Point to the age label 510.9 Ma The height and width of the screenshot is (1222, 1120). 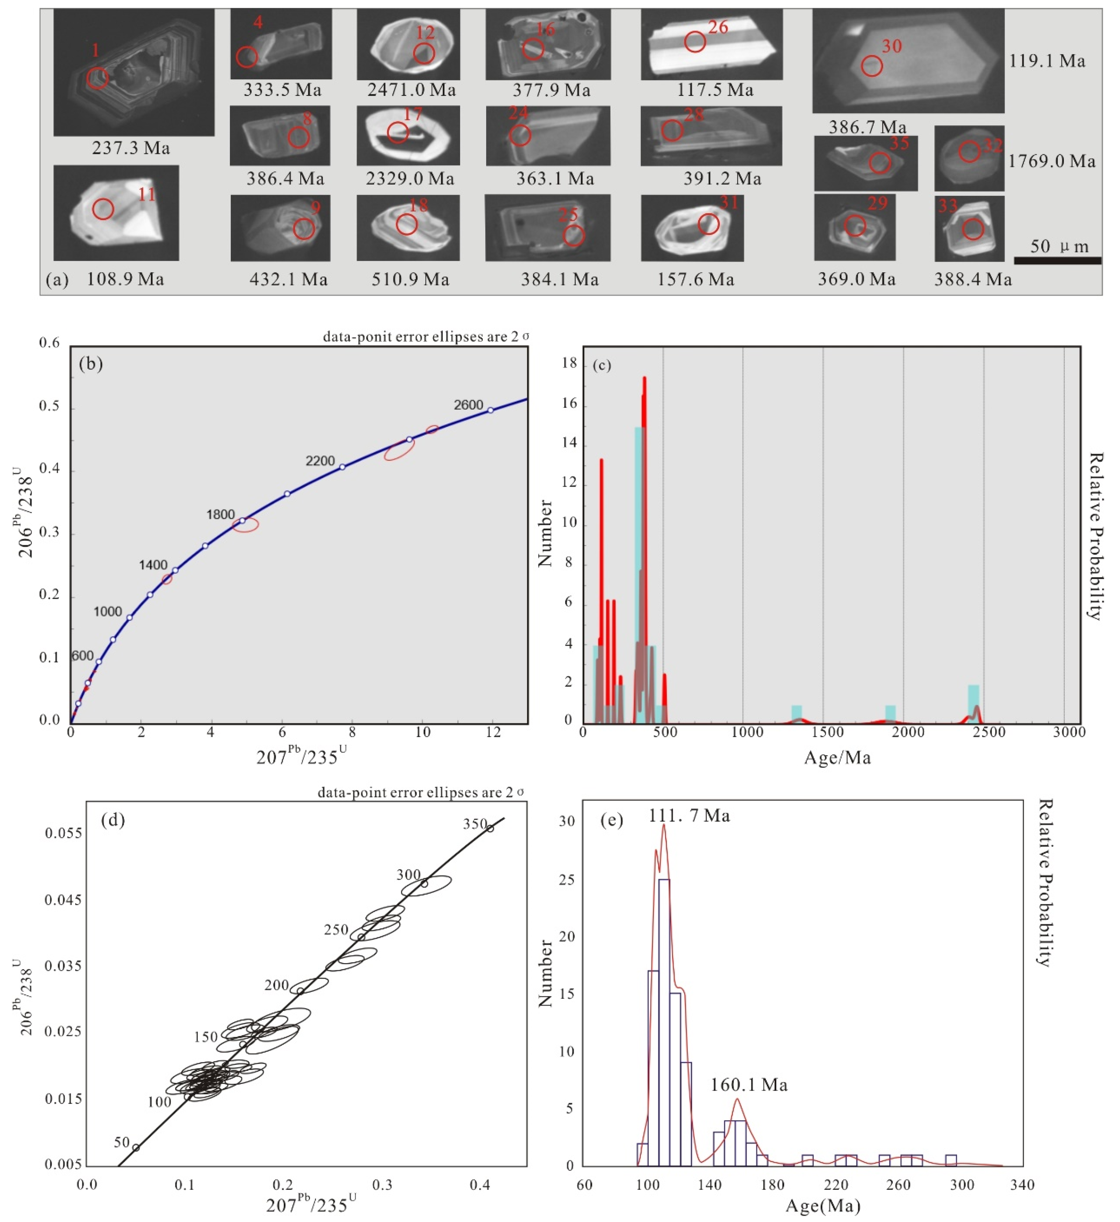point(410,279)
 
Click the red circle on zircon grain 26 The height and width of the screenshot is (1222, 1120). point(695,42)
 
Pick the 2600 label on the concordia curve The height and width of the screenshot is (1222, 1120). point(468,405)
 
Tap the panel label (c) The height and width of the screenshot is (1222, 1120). point(602,365)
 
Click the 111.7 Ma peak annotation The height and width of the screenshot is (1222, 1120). point(689,816)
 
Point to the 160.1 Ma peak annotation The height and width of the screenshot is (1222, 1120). point(749,1084)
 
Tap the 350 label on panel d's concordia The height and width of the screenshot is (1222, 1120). point(474,824)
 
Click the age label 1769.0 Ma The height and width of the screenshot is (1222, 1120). point(1051,161)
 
